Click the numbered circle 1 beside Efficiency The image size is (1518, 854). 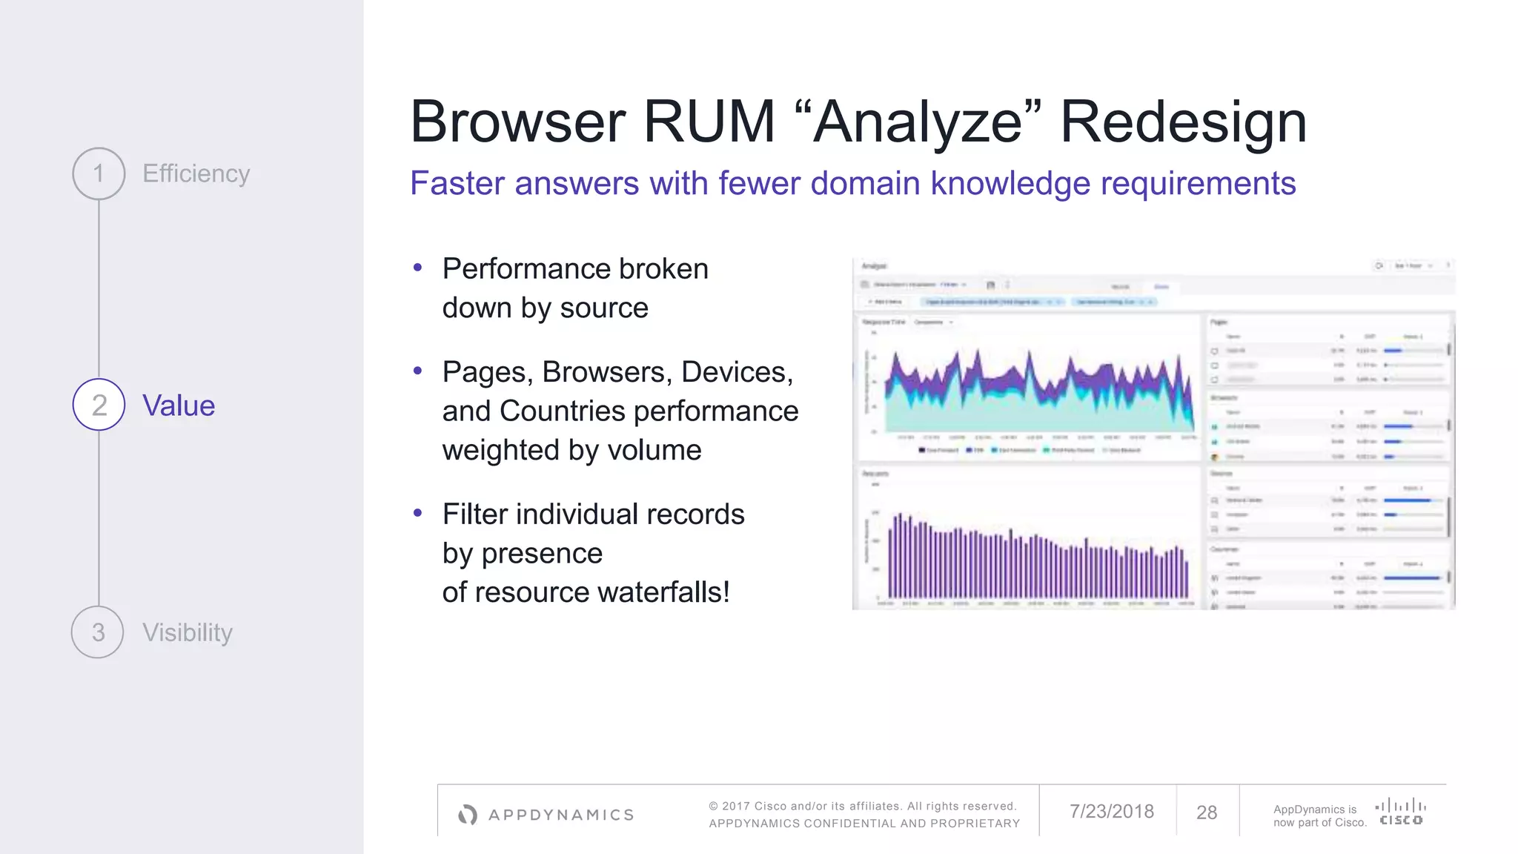coord(99,173)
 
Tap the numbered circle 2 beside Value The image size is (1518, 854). coord(99,405)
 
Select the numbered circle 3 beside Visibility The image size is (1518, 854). coord(98,632)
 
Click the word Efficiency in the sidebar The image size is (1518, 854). coord(196,173)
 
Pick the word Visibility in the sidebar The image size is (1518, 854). coord(188,632)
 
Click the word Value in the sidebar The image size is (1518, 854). coord(179,406)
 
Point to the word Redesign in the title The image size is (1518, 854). coord(1183,122)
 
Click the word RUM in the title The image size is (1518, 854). coord(709,122)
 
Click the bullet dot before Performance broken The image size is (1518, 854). coord(418,268)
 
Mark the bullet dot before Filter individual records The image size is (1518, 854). coord(418,513)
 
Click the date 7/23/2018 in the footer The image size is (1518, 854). coord(1111,812)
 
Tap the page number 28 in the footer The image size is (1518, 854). coord(1207,812)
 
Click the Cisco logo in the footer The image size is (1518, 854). coord(1400,812)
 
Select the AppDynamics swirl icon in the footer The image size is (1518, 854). coord(468,815)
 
